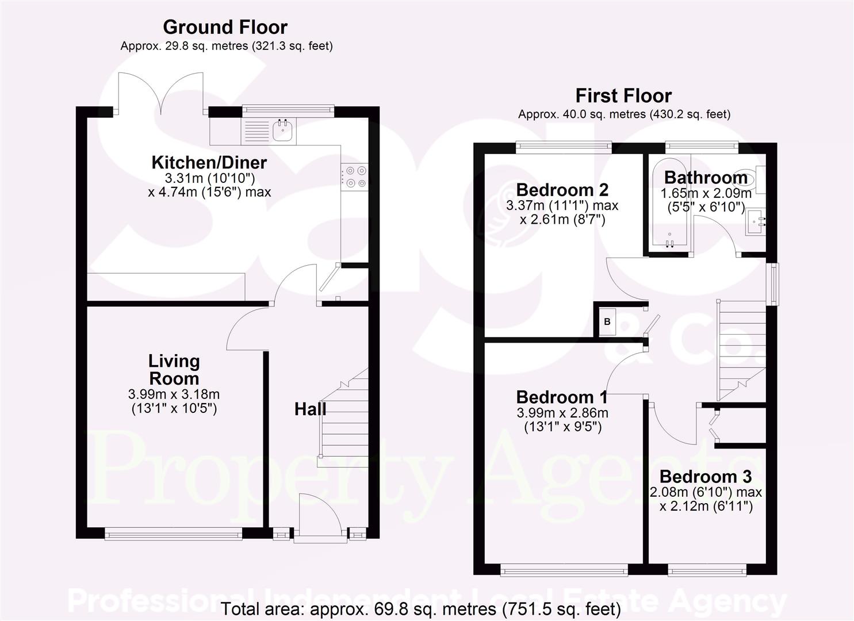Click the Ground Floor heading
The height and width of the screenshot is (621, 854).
tap(225, 27)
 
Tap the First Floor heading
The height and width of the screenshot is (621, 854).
tap(623, 95)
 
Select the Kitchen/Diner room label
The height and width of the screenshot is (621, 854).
tap(209, 163)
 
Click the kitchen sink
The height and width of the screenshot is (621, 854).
tap(283, 131)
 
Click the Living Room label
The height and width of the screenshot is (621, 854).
tap(174, 370)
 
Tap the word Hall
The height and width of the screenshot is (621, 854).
tap(310, 409)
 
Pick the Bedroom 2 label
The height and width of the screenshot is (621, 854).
tap(562, 190)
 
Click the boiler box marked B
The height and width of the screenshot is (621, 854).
tap(607, 322)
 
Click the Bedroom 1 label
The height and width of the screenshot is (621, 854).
tap(562, 397)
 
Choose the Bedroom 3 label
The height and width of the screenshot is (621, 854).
tap(705, 477)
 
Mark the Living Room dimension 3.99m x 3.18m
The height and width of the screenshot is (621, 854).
tap(174, 395)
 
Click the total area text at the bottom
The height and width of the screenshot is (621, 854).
tap(420, 609)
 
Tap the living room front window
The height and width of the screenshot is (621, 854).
tap(174, 535)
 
